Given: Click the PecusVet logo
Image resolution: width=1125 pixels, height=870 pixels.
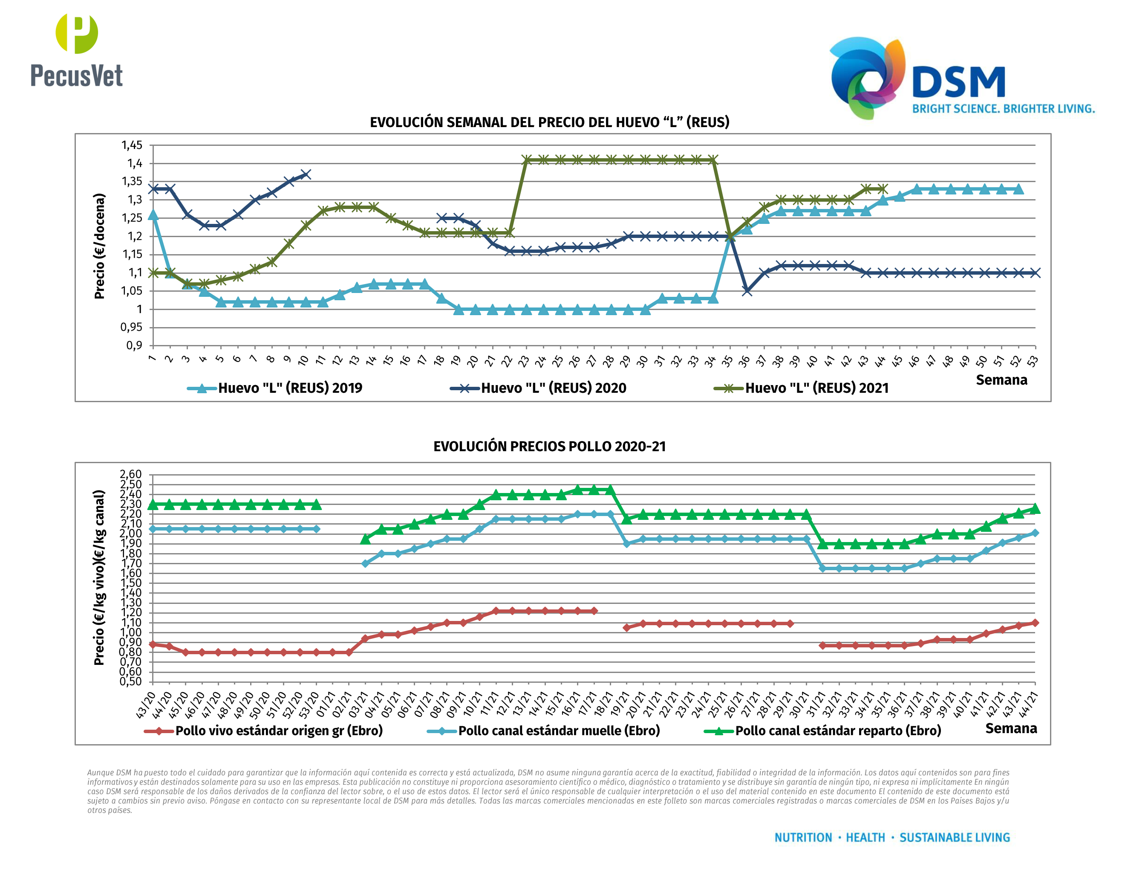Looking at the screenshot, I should (76, 50).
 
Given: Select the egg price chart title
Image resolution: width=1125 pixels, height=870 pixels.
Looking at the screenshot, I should (549, 122).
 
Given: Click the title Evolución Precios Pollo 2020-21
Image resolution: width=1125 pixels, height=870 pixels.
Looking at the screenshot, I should (549, 447).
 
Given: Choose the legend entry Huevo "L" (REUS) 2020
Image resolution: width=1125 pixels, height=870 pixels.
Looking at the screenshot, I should (553, 388).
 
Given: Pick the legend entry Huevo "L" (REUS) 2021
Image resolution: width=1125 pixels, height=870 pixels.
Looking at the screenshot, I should (816, 388).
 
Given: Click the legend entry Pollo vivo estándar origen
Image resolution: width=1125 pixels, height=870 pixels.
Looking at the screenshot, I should (278, 731).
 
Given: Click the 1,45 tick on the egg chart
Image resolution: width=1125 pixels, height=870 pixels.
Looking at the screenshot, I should (132, 145).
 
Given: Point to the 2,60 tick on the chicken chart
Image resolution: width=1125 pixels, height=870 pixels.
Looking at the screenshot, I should (130, 474).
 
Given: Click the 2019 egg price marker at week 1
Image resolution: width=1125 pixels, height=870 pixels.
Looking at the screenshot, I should (153, 215).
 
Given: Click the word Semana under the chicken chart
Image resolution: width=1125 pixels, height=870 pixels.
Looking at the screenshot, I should (1011, 728).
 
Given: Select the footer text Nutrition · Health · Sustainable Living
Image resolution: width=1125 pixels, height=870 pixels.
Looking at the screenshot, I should (891, 838).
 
